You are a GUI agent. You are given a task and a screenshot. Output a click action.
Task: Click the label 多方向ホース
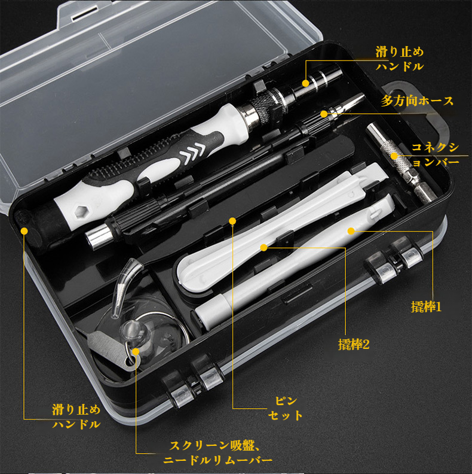417,101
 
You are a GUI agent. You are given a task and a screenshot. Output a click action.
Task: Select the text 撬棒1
425,307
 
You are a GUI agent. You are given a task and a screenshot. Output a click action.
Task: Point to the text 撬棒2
354,345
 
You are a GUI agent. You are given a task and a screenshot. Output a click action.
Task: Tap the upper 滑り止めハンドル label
400,59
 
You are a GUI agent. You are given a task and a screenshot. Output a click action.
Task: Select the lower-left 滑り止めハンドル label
76,417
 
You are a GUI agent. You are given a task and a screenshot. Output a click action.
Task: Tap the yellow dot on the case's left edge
24,229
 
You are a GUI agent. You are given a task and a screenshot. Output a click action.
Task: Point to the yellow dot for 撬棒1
351,230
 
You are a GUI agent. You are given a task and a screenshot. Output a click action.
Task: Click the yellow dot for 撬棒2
263,247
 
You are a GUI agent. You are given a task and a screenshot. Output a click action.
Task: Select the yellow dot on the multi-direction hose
323,113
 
